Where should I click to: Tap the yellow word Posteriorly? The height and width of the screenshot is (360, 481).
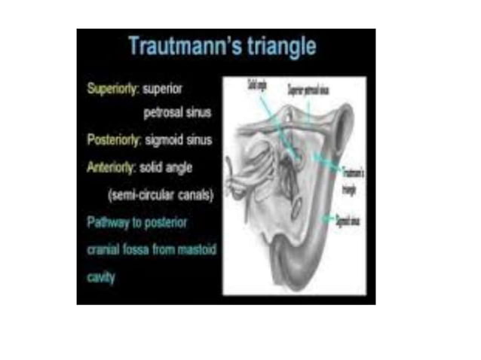[x=112, y=140]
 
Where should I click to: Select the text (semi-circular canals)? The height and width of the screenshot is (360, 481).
[x=161, y=195]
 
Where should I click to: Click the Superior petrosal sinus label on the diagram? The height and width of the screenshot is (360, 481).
[x=308, y=87]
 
